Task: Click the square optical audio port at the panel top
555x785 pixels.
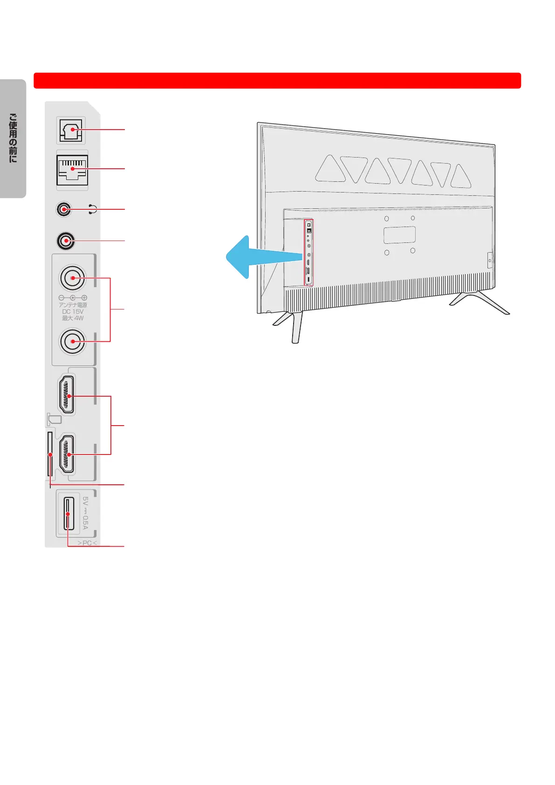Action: (x=71, y=130)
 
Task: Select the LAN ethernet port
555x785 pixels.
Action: (x=72, y=170)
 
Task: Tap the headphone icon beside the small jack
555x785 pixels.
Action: (x=93, y=209)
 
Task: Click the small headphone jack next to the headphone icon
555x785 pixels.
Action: (x=64, y=209)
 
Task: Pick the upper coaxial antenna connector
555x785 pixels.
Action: (x=72, y=278)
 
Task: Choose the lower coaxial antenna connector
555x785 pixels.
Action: (x=72, y=342)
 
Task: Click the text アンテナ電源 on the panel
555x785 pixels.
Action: (x=73, y=305)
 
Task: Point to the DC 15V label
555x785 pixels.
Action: (x=73, y=311)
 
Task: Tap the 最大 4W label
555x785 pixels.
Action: (x=73, y=318)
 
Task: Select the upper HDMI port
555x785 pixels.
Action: (x=67, y=395)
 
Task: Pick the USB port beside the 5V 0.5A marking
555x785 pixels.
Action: (x=68, y=514)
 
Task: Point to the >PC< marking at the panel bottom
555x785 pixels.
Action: (x=87, y=543)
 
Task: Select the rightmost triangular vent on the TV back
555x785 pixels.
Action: (x=460, y=177)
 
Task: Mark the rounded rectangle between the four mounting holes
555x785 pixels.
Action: (x=399, y=235)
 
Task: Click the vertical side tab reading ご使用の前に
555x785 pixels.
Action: (x=13, y=138)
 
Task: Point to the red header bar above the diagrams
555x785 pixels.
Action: (x=277, y=81)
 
